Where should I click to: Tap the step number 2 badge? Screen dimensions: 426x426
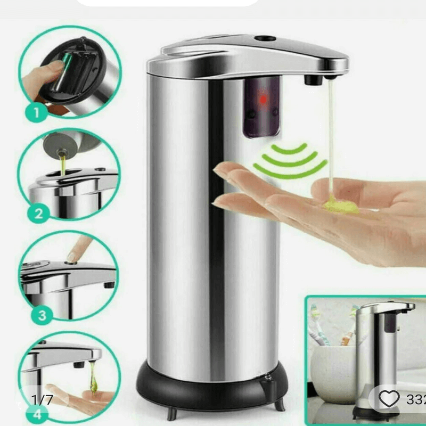[x=38, y=215]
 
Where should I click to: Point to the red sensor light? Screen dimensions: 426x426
[x=262, y=100]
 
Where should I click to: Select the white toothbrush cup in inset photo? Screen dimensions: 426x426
[x=333, y=367]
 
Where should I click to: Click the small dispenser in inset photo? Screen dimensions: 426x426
[x=378, y=351]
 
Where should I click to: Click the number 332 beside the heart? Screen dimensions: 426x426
[x=415, y=399]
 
